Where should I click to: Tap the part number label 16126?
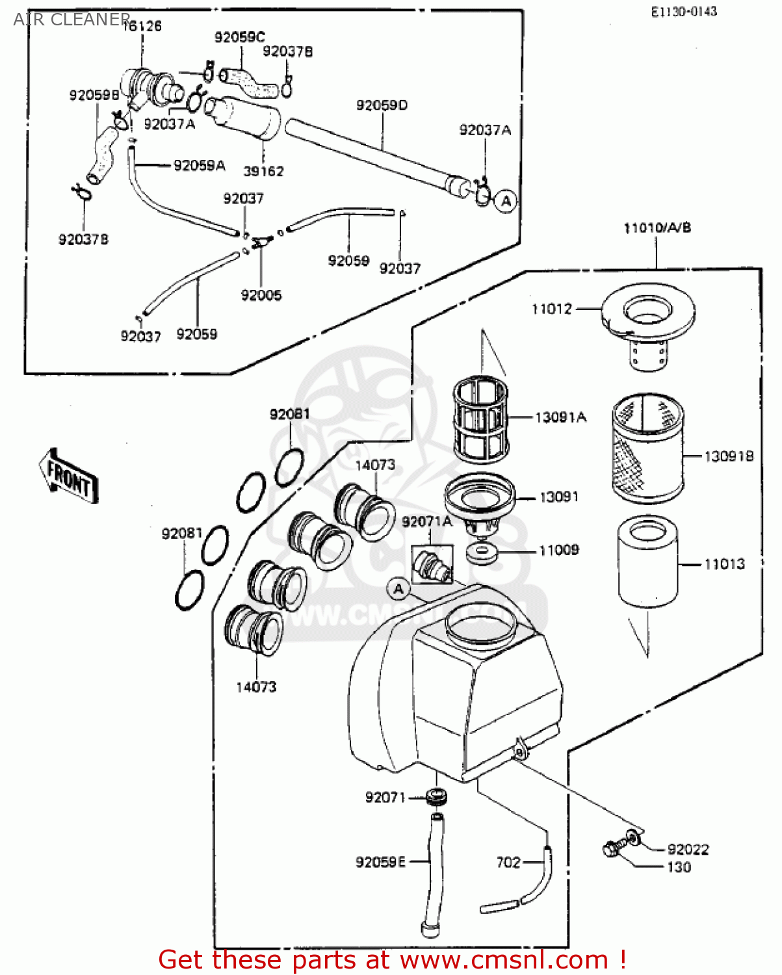[142, 26]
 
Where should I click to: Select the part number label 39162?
[263, 172]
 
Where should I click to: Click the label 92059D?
[382, 105]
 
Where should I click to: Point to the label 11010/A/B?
[657, 227]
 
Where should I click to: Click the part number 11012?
[551, 309]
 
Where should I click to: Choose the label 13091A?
[560, 417]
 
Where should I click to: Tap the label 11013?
[724, 564]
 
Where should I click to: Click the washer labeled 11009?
[482, 553]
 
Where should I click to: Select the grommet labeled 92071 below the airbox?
[436, 796]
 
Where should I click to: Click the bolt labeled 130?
[611, 850]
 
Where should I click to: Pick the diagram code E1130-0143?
[684, 11]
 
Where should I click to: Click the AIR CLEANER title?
[72, 19]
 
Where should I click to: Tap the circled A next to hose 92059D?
[506, 201]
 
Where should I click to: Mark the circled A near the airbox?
[398, 590]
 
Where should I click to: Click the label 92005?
[261, 295]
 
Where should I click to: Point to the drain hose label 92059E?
[380, 862]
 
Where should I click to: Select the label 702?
[508, 863]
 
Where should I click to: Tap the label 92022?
[688, 850]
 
